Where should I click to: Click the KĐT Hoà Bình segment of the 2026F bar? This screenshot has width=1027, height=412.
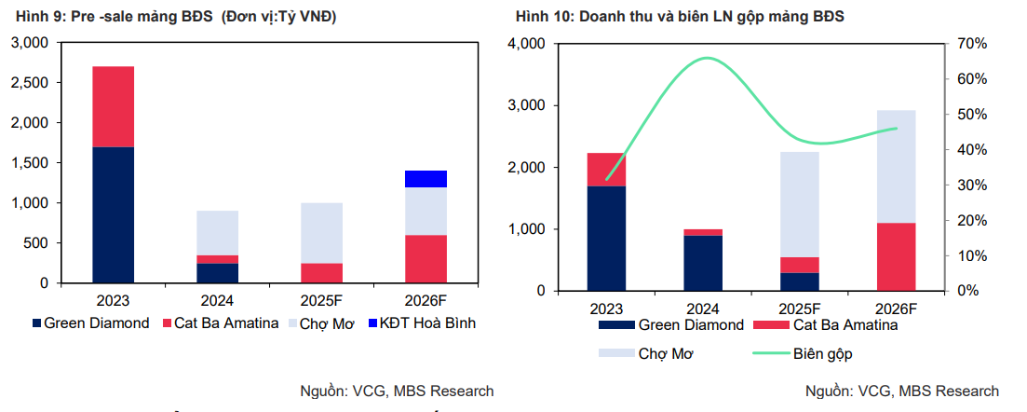point(426,179)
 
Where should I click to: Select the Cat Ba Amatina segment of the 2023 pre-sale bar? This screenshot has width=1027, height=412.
point(114,107)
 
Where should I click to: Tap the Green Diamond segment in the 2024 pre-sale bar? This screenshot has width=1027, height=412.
point(218,272)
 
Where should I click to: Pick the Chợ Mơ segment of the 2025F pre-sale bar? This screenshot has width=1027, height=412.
point(322,233)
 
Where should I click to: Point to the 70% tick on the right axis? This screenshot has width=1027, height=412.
point(972,44)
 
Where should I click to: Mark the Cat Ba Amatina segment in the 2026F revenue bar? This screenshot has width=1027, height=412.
point(897,256)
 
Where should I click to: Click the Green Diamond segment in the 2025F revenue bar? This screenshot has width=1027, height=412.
point(800,281)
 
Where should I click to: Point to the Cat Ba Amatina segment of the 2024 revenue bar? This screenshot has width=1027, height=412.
point(703,232)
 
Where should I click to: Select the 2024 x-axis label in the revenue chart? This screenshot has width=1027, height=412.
point(703,309)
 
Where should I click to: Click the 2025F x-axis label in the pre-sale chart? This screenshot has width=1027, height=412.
point(322,301)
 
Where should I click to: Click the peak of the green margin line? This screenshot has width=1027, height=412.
point(709,58)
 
